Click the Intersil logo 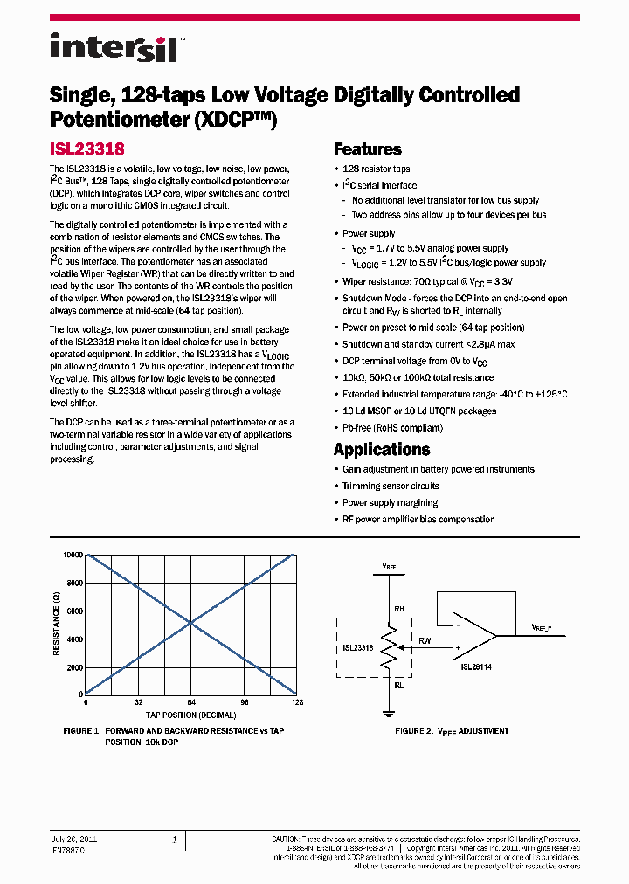(114, 46)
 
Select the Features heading (367, 149)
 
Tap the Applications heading (382, 450)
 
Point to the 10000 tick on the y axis (72, 556)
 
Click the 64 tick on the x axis (190, 702)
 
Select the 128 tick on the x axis (296, 702)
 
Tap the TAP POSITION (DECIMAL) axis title (190, 715)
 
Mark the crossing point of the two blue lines (190, 624)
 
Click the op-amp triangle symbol (472, 635)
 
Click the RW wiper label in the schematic (425, 639)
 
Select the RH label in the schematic (398, 609)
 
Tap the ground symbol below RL (389, 712)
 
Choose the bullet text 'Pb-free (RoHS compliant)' (392, 428)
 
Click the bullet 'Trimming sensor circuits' (391, 486)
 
